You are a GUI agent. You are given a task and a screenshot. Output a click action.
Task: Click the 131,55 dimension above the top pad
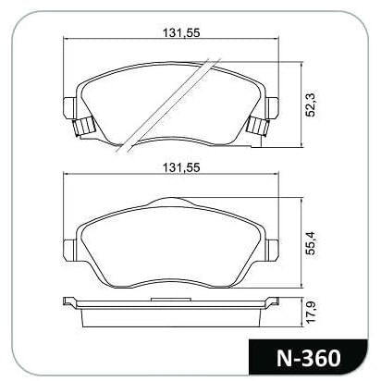(181, 32)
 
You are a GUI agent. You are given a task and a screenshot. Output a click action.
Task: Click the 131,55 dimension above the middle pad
(181, 167)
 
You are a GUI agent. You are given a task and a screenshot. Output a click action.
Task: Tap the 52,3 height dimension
(312, 105)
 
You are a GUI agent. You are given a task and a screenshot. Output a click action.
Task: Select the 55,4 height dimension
(312, 243)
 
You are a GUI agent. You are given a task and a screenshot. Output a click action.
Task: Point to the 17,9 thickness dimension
(312, 313)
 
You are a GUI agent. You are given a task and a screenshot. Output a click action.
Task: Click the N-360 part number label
(309, 358)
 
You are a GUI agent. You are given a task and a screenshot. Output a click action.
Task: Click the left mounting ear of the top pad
(69, 107)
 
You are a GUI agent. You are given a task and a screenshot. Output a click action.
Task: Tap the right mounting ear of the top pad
(273, 107)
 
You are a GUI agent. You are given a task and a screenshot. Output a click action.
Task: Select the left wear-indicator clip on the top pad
(83, 127)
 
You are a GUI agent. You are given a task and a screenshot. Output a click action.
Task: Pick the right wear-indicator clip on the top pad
(259, 127)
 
